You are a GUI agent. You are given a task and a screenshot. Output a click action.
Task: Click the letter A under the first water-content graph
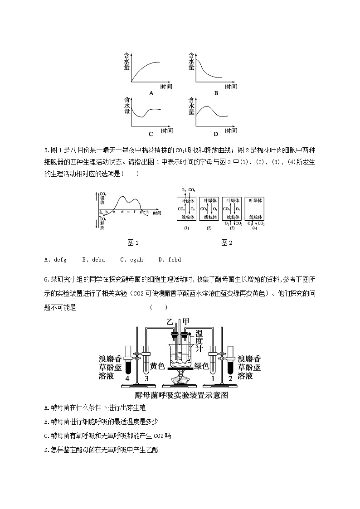tap(151, 93)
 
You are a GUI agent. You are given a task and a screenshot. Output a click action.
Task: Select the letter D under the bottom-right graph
tap(216, 134)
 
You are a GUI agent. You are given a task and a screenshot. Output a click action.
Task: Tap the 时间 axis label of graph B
tap(230, 86)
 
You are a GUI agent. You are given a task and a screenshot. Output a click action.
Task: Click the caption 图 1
tap(133, 243)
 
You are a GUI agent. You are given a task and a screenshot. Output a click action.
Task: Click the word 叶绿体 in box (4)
tap(254, 200)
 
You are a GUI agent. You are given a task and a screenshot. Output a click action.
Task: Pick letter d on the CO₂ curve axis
tap(122, 212)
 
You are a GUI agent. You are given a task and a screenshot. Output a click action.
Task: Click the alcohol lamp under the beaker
tap(180, 379)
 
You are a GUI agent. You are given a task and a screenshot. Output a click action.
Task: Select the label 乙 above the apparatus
tap(170, 322)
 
